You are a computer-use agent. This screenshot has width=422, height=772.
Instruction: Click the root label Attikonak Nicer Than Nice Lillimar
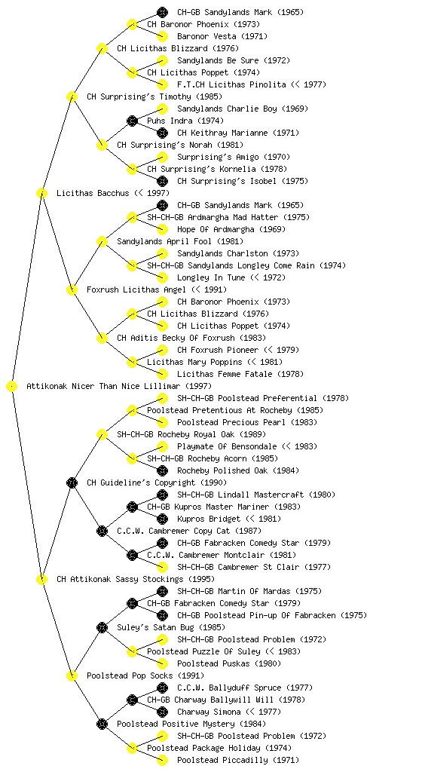(x=103, y=387)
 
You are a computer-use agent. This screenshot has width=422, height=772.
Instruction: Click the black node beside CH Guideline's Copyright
(x=72, y=483)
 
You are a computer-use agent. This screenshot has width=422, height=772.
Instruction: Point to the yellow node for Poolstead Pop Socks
(x=72, y=676)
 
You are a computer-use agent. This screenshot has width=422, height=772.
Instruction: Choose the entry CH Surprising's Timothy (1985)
(x=154, y=97)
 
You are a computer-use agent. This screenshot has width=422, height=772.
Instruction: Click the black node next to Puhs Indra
(x=132, y=121)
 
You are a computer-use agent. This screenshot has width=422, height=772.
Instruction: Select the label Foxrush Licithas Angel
(x=136, y=290)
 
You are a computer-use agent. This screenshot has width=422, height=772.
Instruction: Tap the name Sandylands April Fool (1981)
(x=180, y=242)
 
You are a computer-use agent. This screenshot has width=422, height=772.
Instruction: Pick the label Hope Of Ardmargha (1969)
(x=231, y=229)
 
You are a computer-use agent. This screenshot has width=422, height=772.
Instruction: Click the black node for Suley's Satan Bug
(x=102, y=628)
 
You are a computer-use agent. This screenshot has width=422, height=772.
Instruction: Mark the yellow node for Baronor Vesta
(x=162, y=36)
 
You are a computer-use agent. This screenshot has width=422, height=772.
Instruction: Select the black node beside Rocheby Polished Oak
(x=162, y=470)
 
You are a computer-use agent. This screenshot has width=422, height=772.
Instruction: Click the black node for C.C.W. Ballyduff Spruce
(x=162, y=688)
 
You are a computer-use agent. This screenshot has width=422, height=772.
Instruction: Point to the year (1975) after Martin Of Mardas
(x=310, y=591)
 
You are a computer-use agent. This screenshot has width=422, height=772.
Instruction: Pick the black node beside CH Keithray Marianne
(x=162, y=133)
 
